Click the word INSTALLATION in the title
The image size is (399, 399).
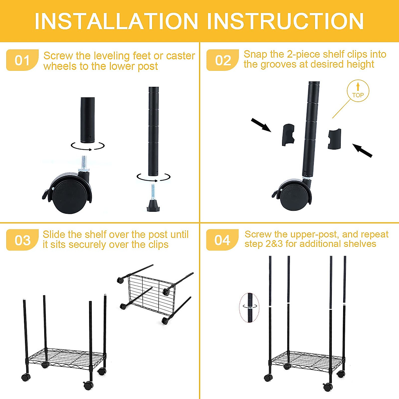point(116,22)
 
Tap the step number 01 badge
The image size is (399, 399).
point(22,60)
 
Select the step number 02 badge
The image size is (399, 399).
point(222,60)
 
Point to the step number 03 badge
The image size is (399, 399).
point(22,240)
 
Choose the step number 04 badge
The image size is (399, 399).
point(222,240)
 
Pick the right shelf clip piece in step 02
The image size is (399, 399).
point(334,139)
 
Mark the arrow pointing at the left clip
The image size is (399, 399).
point(261,125)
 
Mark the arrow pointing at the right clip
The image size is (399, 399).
point(362,151)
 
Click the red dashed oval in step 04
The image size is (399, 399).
point(249,308)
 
